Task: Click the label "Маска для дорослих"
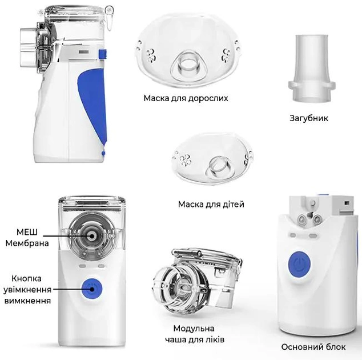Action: coord(186,98)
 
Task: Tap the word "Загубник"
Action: coord(309,118)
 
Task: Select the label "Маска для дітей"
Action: coord(211,204)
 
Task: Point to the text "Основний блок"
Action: coord(313,347)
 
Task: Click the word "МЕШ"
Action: coord(27,232)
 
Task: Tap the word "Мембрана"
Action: coord(27,243)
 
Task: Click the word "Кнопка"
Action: coord(26,279)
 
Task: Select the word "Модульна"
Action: coord(194,329)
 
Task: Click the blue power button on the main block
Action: coord(299,264)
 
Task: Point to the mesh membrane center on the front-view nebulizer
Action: coord(92,236)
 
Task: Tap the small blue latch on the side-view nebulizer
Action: coord(103,54)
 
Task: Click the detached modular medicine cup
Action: coord(197,280)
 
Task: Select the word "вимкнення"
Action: coord(28,301)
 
